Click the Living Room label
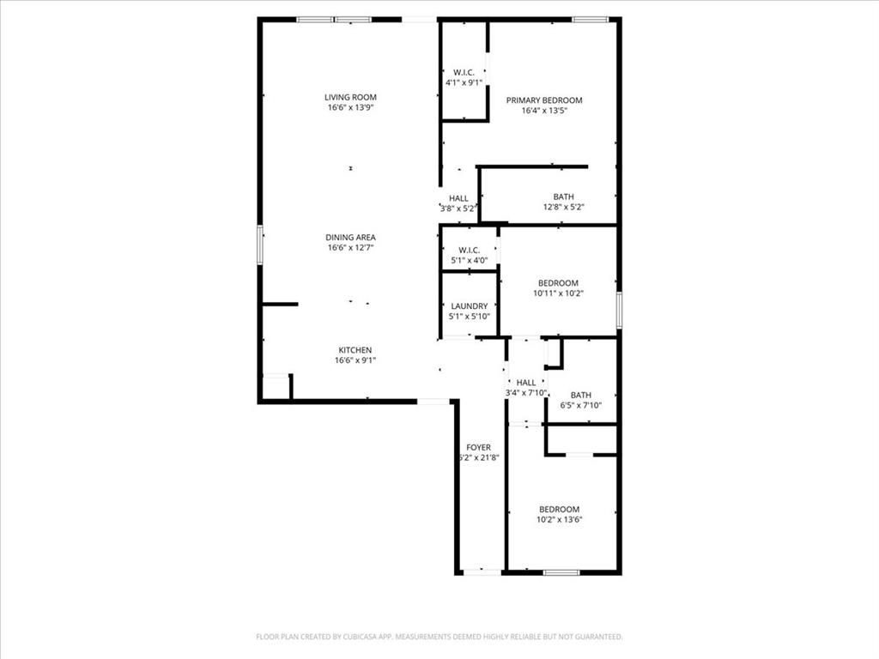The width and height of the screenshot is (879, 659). [x=350, y=97]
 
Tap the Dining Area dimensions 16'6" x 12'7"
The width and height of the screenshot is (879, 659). [x=350, y=248]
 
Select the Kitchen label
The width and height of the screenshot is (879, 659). [x=355, y=349]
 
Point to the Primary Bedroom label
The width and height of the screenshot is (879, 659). [x=543, y=100]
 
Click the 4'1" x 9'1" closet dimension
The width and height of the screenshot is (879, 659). [x=464, y=83]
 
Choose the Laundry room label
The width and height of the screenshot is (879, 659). [x=469, y=305]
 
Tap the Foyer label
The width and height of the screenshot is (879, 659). [x=478, y=447]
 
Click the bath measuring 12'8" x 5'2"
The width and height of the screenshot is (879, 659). [x=563, y=203]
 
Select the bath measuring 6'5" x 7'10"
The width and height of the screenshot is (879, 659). [x=580, y=401]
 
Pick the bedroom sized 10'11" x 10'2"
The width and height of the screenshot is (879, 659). [x=558, y=288]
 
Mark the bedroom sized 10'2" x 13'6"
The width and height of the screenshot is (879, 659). [x=558, y=514]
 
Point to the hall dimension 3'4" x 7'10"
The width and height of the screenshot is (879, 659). [x=526, y=393]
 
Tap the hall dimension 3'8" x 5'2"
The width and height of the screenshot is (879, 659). [x=458, y=209]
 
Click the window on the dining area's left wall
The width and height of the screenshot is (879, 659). [x=260, y=245]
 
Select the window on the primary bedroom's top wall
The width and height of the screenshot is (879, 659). [x=590, y=19]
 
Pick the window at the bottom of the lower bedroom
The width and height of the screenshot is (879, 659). [x=561, y=572]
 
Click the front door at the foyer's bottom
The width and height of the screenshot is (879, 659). [x=482, y=572]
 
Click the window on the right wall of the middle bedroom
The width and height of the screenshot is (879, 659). [x=619, y=310]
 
